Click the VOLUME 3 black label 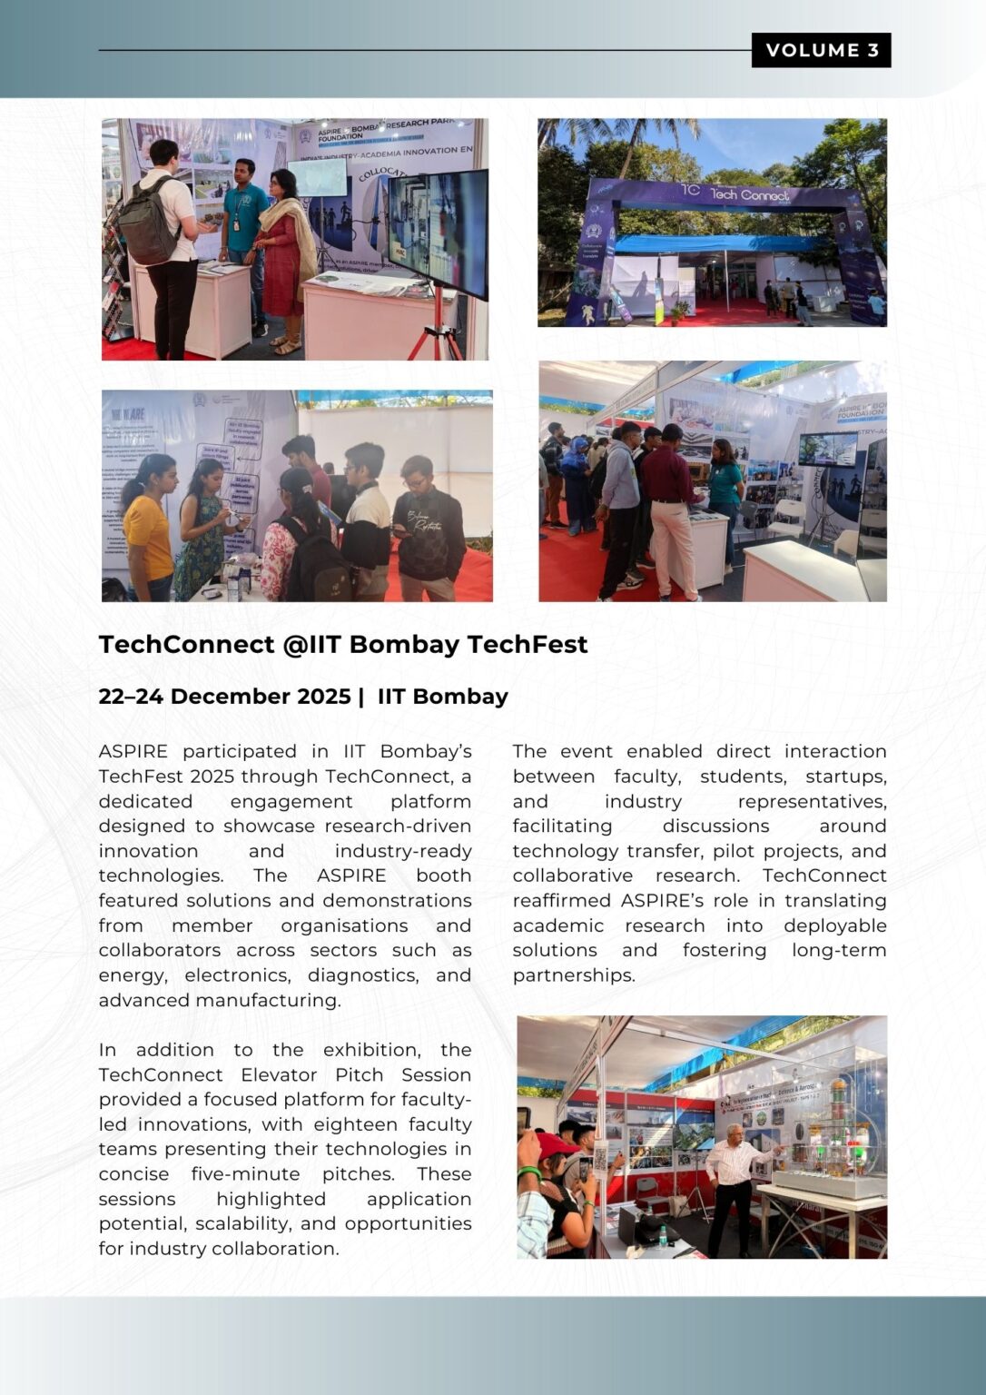point(821,50)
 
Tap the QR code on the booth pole point(600,1159)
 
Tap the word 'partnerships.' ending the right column point(573,975)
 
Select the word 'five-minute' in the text point(245,1174)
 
